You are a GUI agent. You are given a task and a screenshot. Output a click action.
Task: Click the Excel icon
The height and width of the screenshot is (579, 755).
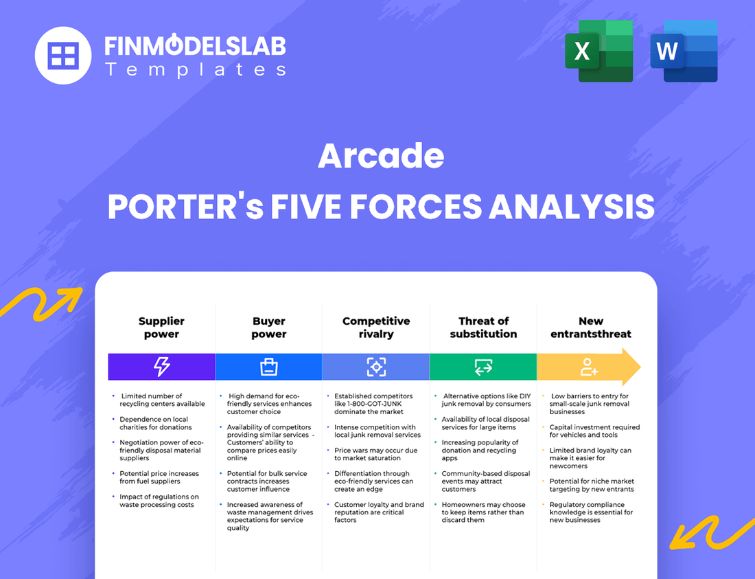(x=599, y=51)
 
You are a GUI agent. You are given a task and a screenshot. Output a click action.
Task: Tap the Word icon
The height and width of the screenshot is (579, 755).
(x=684, y=51)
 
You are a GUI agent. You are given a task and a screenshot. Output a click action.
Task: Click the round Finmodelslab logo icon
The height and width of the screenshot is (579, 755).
(x=63, y=55)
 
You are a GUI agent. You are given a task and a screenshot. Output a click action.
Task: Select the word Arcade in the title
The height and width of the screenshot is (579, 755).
(x=381, y=157)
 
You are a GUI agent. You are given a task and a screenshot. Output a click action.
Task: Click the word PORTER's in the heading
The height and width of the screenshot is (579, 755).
(x=185, y=207)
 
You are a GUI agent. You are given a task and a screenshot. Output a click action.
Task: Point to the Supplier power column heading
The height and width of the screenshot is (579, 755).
(x=161, y=328)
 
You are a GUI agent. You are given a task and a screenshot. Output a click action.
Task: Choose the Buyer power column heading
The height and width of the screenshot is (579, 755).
(x=268, y=328)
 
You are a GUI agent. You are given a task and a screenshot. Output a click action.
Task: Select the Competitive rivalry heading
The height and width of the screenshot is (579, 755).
(x=376, y=328)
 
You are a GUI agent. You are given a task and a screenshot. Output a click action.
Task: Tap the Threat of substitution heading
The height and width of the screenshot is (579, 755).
(x=483, y=328)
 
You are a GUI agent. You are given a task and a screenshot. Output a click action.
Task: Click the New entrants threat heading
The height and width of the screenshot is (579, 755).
(x=590, y=328)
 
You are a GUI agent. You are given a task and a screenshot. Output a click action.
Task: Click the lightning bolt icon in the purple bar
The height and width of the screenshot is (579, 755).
(x=161, y=367)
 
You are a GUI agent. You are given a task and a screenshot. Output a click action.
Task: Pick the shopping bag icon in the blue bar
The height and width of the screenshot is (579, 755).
(x=268, y=367)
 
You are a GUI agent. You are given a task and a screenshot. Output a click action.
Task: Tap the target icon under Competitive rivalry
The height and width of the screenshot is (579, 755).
(x=376, y=367)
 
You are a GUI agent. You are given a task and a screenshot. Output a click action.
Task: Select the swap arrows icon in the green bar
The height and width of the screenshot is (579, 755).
(x=483, y=367)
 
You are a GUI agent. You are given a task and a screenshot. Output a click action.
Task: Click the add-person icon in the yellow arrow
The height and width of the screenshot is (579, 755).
(x=589, y=367)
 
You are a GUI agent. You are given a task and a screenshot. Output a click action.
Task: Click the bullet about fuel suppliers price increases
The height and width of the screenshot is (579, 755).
(x=159, y=477)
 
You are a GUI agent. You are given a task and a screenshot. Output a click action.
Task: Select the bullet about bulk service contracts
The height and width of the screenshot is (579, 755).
(x=268, y=481)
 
